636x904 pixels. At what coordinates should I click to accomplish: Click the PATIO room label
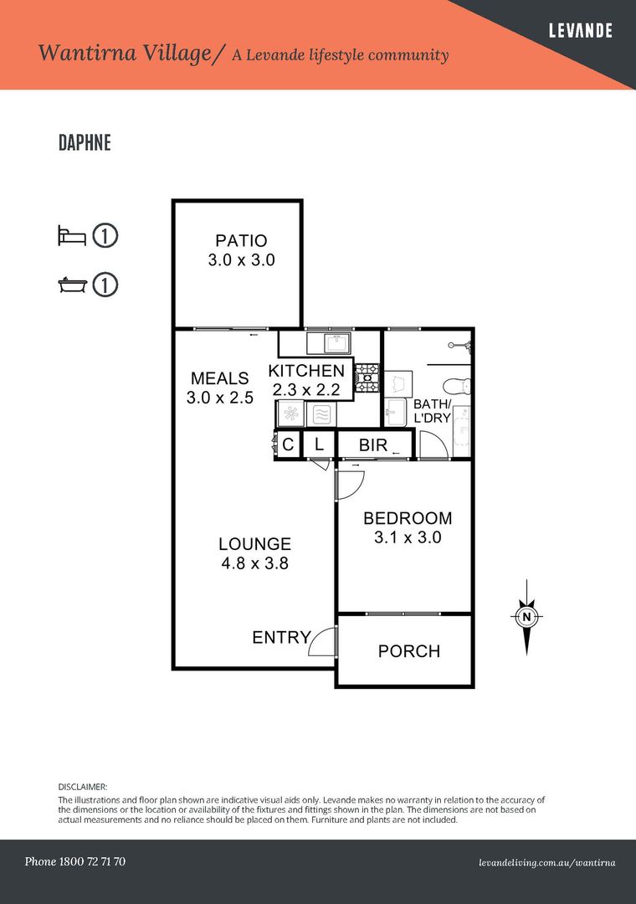point(241,240)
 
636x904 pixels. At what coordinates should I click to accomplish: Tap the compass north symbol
point(526,617)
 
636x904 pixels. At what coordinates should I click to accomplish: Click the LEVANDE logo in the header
point(580,30)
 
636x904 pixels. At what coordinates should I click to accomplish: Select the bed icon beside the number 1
point(72,236)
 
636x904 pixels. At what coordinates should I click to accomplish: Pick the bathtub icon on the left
point(73,285)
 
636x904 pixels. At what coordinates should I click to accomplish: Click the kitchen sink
point(337,343)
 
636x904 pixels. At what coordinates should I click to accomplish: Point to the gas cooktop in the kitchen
point(367,378)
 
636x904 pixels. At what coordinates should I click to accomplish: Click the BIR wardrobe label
point(373,445)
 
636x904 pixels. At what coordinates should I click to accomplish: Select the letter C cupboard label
point(289,444)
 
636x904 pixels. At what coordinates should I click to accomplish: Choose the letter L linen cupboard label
point(318,444)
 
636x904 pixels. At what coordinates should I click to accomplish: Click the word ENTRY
point(281,637)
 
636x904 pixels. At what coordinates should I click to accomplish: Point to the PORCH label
point(409,651)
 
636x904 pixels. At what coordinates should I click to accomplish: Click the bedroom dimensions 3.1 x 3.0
point(408,537)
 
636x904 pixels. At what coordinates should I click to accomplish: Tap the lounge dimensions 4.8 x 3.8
point(255,563)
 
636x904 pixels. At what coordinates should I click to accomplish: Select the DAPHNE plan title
point(85,142)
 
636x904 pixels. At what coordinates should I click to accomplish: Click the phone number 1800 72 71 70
point(92,861)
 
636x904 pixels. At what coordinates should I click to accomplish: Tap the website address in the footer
point(546,863)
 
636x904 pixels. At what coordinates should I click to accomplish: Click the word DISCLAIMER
point(83,786)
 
